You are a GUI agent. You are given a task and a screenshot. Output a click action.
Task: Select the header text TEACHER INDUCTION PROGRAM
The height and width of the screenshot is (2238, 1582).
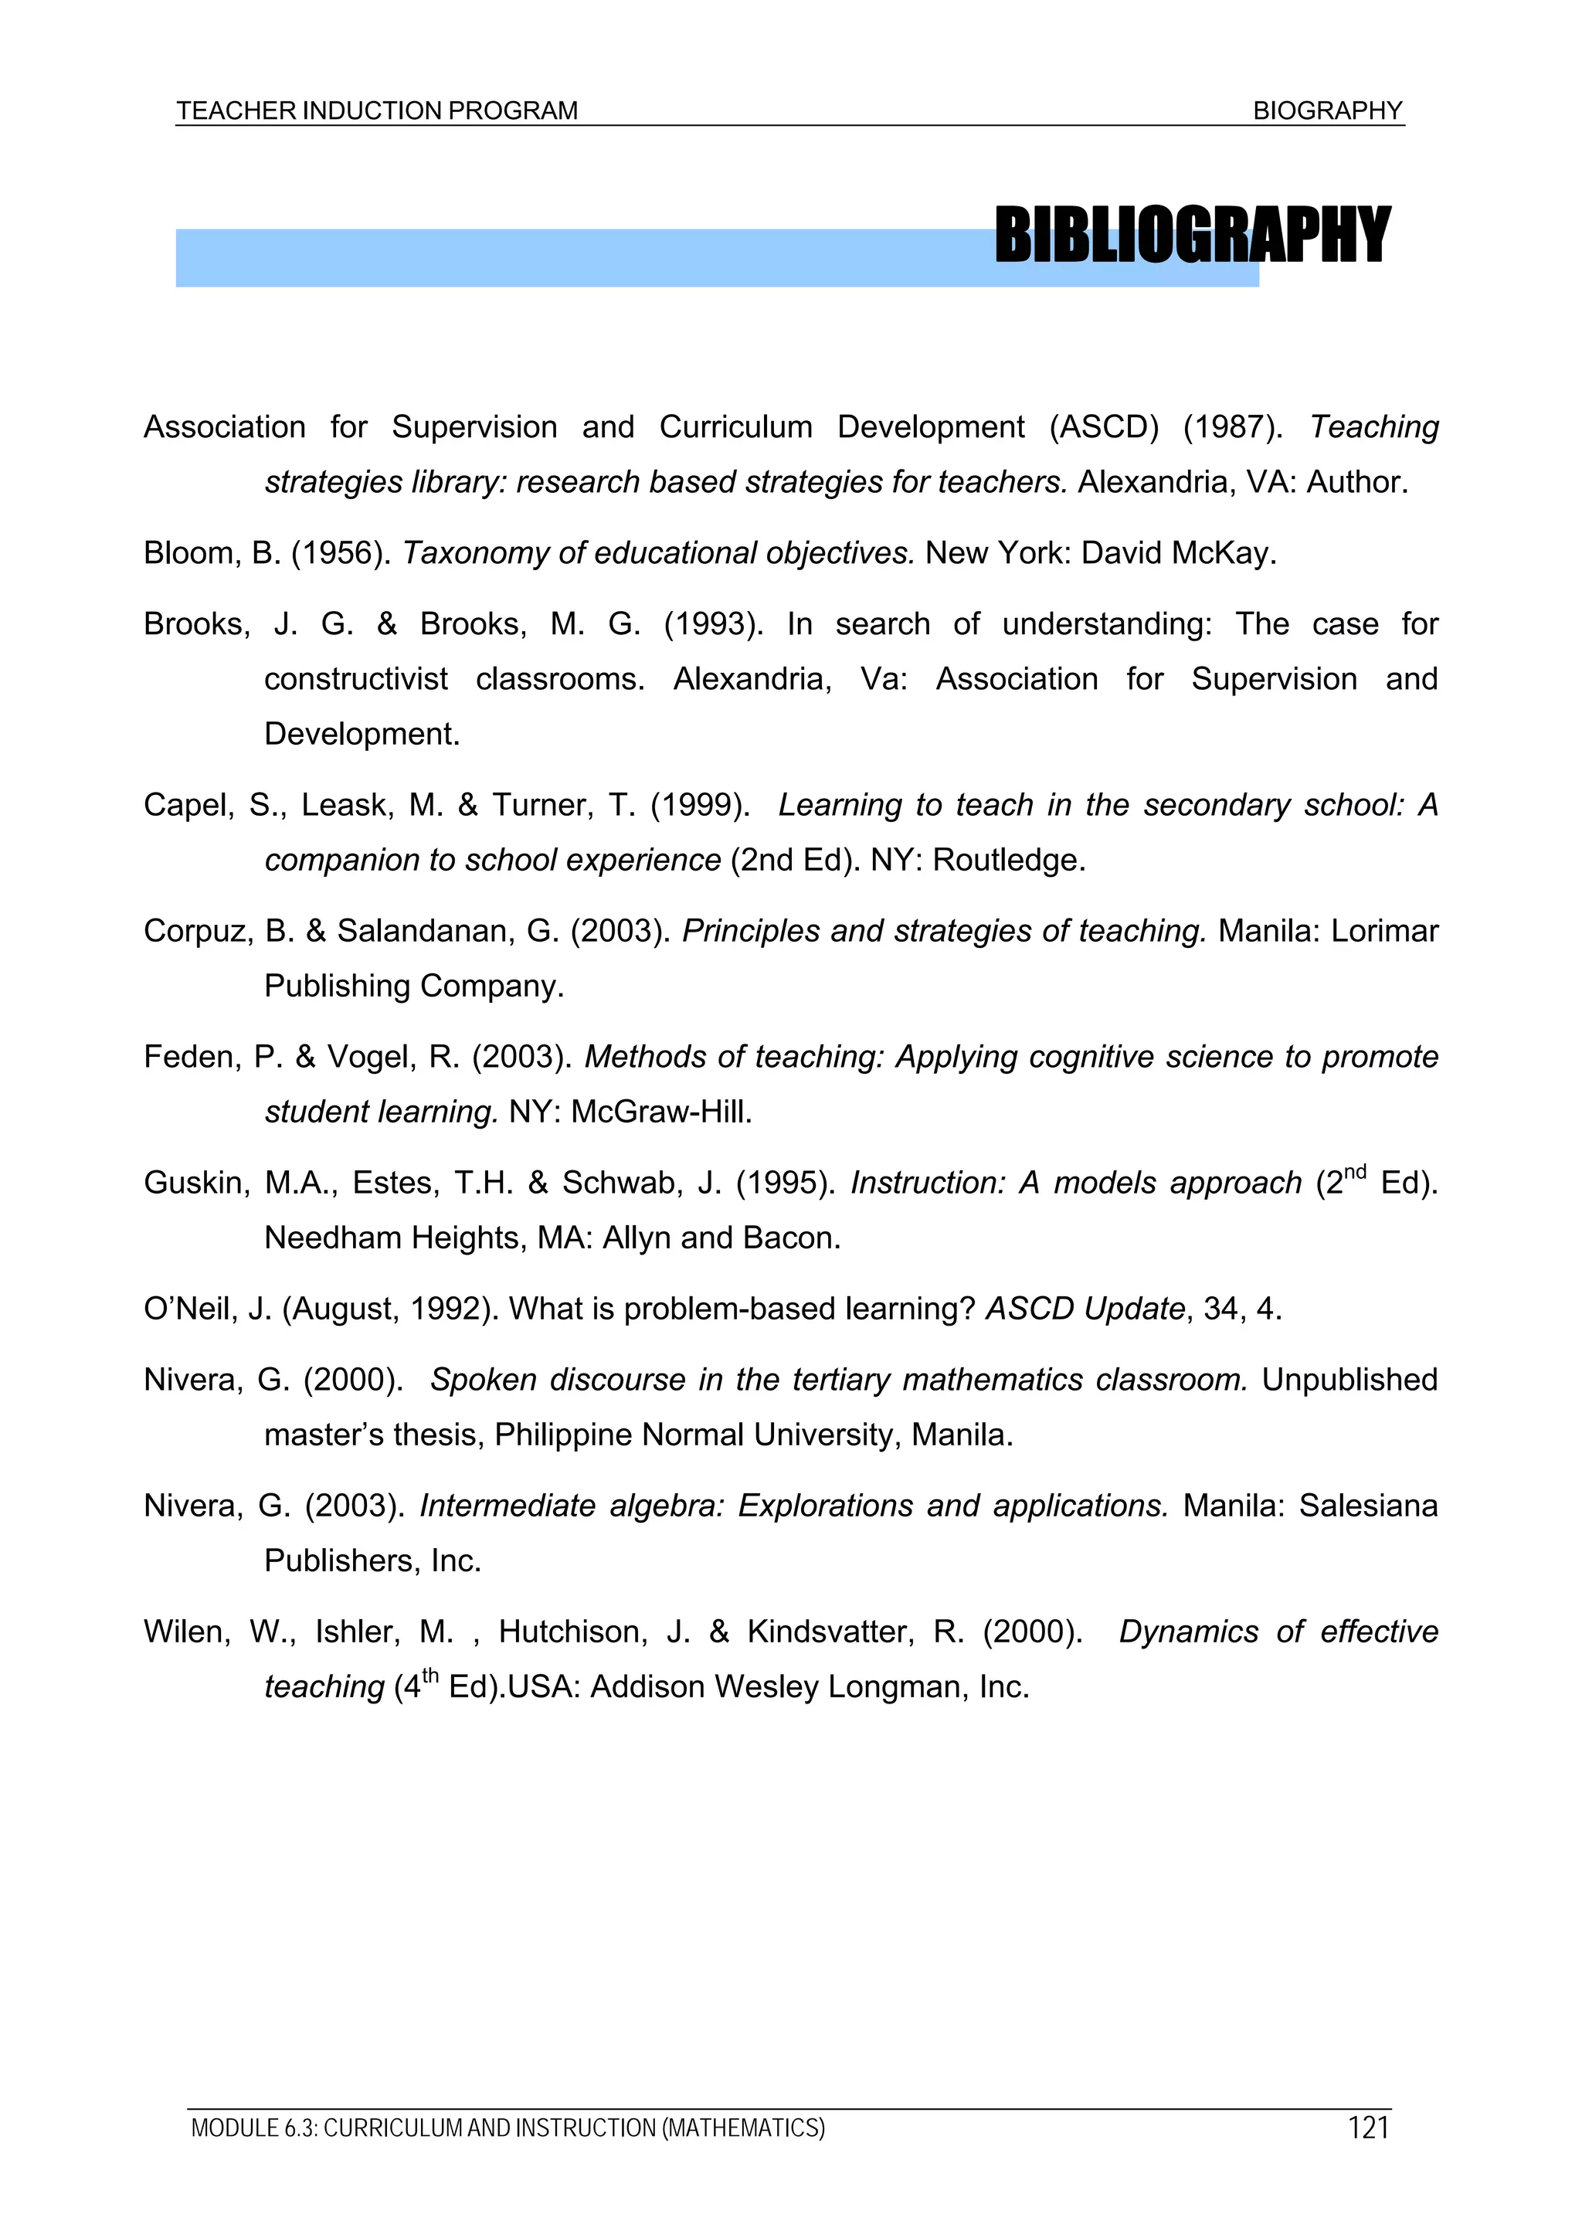[377, 111]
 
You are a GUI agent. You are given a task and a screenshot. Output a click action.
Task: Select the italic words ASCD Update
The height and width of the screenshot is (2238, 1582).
[1085, 1309]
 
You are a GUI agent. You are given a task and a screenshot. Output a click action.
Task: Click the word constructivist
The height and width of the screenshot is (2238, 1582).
[356, 679]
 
